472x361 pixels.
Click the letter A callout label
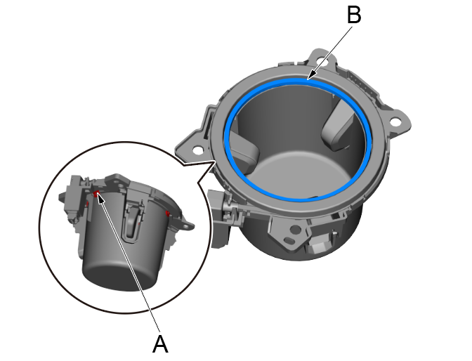(160, 343)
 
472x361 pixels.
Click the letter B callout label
(354, 15)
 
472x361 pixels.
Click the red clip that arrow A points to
(96, 193)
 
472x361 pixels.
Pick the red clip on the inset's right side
(168, 214)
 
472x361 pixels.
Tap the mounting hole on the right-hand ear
(394, 122)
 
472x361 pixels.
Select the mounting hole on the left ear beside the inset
(197, 150)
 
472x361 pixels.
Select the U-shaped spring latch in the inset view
(133, 219)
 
